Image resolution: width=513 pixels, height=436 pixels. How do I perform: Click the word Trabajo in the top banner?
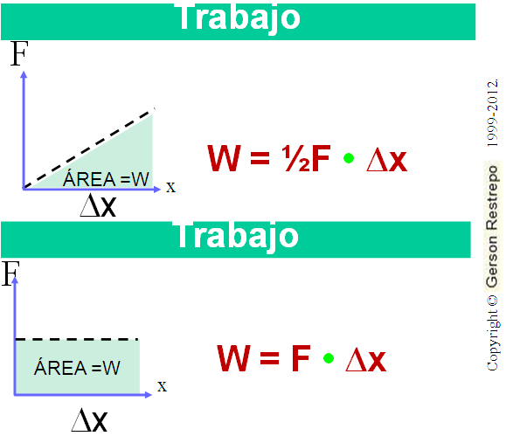pyautogui.click(x=239, y=17)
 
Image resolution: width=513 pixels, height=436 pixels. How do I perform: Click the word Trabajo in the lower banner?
pyautogui.click(x=237, y=236)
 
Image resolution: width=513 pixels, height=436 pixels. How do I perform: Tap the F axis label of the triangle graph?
pyautogui.click(x=19, y=53)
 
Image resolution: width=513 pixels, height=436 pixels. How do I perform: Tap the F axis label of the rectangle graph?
pyautogui.click(x=10, y=273)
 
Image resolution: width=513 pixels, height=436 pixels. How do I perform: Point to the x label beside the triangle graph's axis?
pyautogui.click(x=170, y=187)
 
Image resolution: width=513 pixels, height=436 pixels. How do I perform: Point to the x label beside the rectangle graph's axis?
pyautogui.click(x=162, y=386)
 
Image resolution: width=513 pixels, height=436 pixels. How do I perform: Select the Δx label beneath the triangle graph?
pyautogui.click(x=98, y=205)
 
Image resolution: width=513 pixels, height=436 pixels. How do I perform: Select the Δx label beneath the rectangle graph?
pyautogui.click(x=89, y=420)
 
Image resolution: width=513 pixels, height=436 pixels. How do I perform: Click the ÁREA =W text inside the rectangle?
pyautogui.click(x=77, y=367)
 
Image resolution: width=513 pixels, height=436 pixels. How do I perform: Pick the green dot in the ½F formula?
pyautogui.click(x=349, y=158)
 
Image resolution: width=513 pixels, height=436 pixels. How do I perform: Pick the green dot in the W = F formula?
pyautogui.click(x=329, y=358)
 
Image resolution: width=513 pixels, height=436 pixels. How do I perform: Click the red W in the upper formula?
pyautogui.click(x=225, y=158)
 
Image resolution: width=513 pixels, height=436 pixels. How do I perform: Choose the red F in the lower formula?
pyautogui.click(x=301, y=358)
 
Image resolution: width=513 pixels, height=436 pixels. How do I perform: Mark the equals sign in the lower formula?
pyautogui.click(x=269, y=359)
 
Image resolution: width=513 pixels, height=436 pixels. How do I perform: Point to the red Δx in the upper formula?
pyautogui.click(x=387, y=160)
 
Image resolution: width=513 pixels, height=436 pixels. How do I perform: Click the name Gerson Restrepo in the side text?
pyautogui.click(x=492, y=226)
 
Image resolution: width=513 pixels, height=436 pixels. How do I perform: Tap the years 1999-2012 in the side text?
pyautogui.click(x=492, y=113)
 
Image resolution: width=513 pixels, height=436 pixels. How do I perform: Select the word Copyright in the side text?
pyautogui.click(x=493, y=340)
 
